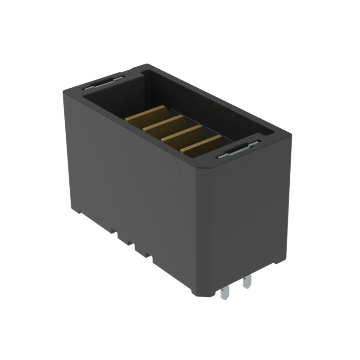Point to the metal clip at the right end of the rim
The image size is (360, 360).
(238, 150)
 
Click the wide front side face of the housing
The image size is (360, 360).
(130, 180)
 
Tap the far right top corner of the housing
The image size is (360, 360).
(288, 132)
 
